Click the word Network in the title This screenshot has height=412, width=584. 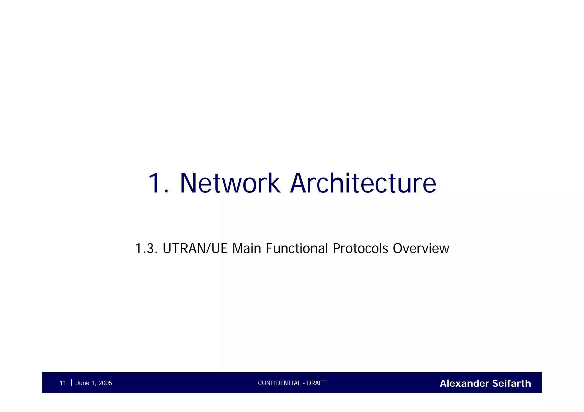(x=230, y=183)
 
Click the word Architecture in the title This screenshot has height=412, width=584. (x=363, y=183)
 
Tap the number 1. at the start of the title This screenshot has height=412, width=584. (x=159, y=183)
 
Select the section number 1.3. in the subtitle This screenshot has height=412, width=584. (x=146, y=249)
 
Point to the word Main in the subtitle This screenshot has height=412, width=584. (x=247, y=249)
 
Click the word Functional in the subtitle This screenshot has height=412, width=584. (x=297, y=249)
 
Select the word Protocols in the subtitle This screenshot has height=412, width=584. (x=360, y=249)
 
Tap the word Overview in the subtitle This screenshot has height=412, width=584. (x=421, y=249)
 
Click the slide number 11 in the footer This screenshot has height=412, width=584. (x=63, y=383)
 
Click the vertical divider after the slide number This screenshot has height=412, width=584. (x=71, y=382)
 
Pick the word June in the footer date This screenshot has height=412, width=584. (x=83, y=383)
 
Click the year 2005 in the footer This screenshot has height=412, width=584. (x=105, y=383)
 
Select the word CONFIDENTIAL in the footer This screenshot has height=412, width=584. (x=279, y=383)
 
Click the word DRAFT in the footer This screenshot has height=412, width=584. (x=316, y=383)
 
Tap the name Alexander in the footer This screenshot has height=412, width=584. (x=464, y=383)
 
